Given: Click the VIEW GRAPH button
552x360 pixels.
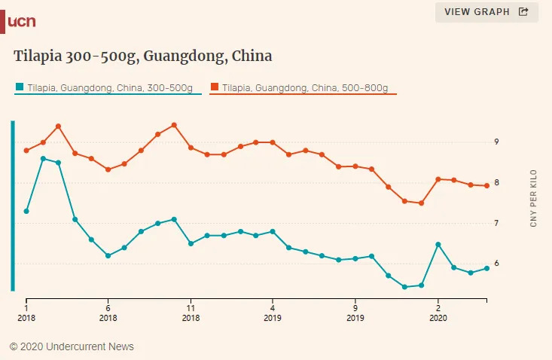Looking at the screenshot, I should (486, 12).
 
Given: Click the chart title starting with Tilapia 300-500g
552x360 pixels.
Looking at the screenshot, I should (143, 56).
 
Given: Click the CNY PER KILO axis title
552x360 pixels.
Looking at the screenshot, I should (533, 199).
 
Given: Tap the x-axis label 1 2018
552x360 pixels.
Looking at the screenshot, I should (26, 313).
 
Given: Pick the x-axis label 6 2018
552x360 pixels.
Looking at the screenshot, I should (108, 313).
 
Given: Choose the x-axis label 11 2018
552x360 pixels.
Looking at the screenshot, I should (191, 313).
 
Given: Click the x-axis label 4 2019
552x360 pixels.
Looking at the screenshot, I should (273, 313).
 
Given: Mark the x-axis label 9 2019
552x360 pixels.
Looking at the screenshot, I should (355, 313).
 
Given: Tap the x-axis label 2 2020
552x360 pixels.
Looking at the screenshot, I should (438, 313).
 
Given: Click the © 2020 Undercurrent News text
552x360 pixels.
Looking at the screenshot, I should (72, 346).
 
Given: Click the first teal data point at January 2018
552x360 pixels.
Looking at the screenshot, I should (26, 211).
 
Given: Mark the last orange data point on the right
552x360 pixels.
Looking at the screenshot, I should (486, 185).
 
